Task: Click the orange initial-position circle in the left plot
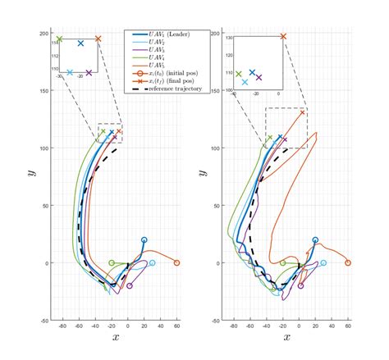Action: pos(176,263)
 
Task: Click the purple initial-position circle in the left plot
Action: pos(130,286)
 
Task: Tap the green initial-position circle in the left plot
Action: pos(112,263)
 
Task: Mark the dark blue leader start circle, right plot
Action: pos(315,240)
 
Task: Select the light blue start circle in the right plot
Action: pos(323,263)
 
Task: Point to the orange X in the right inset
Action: pos(283,36)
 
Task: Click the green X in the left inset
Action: pos(59,39)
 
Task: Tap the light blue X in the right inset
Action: pos(245,81)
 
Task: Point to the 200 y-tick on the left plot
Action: pos(46,33)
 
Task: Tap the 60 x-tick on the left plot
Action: pos(176,326)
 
